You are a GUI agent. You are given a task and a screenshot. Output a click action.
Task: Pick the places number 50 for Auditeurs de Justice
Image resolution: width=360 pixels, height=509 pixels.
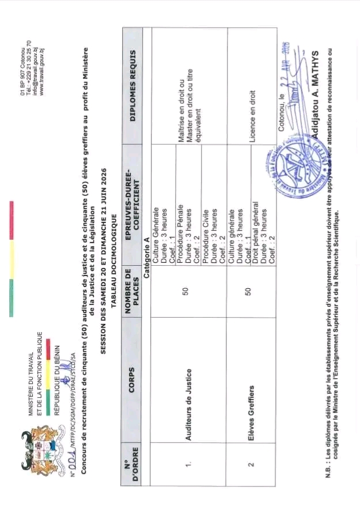185,283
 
